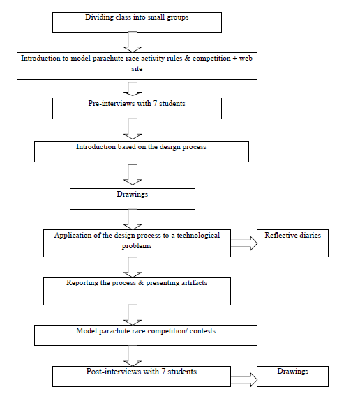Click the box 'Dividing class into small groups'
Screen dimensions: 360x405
pos(137,22)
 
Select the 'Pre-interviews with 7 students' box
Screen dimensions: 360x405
pos(137,108)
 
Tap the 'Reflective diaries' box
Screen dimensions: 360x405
pos(292,243)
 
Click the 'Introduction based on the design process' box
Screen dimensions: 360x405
pos(142,152)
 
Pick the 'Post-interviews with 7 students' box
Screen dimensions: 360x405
pos(142,376)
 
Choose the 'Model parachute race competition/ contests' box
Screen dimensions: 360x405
pos(146,335)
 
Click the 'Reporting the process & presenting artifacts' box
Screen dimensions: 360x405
pos(137,291)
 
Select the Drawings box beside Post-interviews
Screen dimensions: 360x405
pos(292,376)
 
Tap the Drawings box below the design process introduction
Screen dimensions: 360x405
pos(133,199)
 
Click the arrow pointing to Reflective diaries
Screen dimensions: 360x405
pos(243,243)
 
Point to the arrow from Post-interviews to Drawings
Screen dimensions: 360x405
pos(243,380)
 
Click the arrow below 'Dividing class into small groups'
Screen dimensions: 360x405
pos(133,42)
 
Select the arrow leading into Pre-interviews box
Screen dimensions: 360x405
pos(133,89)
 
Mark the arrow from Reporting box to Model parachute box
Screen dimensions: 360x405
pos(133,315)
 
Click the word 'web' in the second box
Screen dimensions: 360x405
pos(246,59)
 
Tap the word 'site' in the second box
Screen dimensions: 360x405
pos(137,69)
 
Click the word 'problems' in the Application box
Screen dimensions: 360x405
pos(137,246)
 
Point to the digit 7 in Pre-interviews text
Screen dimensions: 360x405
pos(155,104)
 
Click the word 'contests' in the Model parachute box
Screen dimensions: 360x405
pos(202,331)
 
